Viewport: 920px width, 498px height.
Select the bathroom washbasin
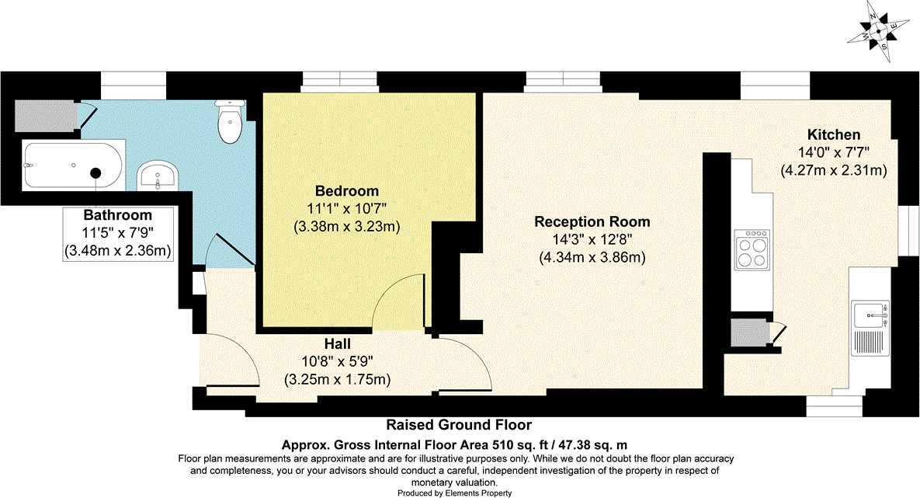click(x=158, y=175)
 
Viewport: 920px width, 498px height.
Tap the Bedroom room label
click(x=346, y=191)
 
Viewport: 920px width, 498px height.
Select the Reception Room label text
click(x=592, y=221)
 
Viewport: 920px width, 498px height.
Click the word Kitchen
click(x=833, y=134)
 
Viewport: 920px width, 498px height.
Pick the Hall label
click(x=338, y=343)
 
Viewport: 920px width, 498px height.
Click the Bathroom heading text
click(x=118, y=214)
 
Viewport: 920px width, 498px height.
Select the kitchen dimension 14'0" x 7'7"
click(x=833, y=152)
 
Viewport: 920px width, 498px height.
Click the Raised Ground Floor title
click(x=460, y=425)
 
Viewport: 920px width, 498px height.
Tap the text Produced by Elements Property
click(x=455, y=493)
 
